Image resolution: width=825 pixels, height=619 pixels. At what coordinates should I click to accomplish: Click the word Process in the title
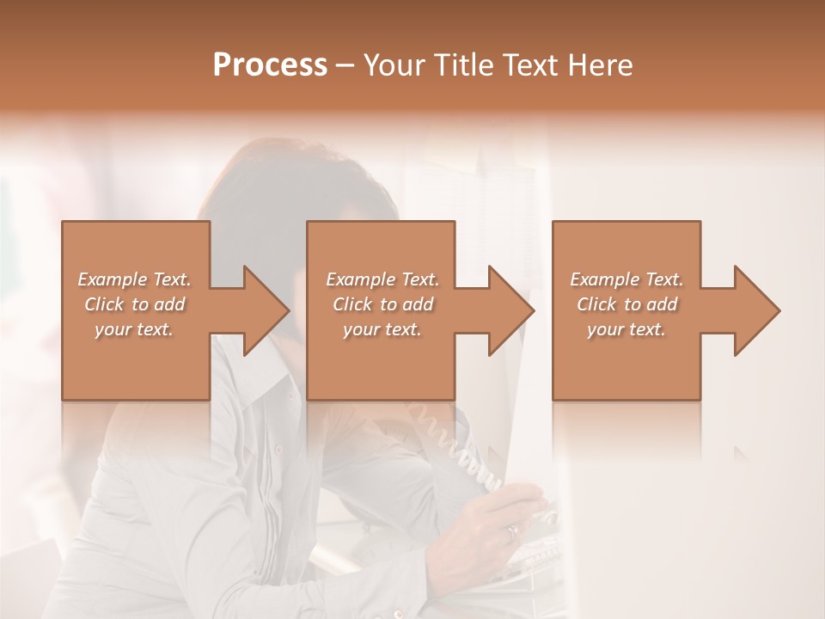[270, 64]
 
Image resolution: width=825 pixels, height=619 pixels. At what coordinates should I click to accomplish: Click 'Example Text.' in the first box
[134, 279]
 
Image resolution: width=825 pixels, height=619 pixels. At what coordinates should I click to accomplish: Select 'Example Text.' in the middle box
[382, 279]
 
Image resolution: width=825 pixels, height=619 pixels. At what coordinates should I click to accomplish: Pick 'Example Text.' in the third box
[626, 279]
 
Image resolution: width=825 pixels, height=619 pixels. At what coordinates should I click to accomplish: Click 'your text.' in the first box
[134, 329]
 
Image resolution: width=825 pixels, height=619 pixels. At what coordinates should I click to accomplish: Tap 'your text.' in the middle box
[382, 329]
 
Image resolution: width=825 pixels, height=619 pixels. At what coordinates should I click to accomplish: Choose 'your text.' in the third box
[626, 329]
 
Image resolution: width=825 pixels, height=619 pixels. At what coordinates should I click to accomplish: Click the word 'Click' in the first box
[104, 304]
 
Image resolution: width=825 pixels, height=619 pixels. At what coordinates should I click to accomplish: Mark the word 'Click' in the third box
[597, 304]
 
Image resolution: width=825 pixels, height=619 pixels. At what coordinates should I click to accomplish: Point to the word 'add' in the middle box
[418, 304]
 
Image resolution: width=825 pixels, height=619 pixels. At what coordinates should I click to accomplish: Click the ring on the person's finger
[512, 531]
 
